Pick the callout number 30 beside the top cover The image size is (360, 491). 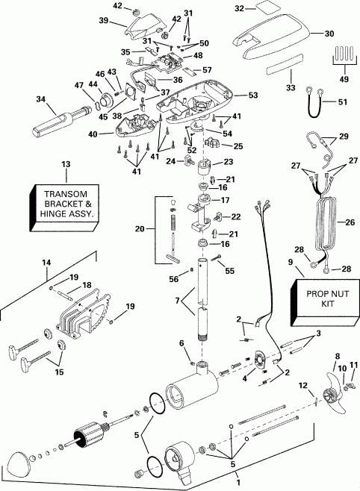coord(331,34)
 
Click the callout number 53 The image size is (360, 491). coord(253,96)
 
